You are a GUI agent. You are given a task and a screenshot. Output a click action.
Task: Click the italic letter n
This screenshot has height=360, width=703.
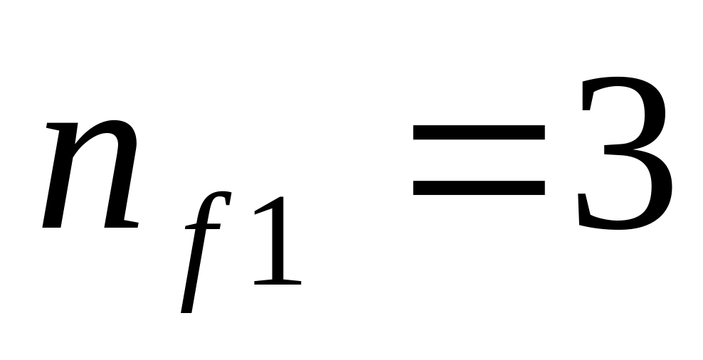[x=89, y=174]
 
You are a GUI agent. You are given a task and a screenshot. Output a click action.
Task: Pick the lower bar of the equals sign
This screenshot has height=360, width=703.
[x=478, y=186]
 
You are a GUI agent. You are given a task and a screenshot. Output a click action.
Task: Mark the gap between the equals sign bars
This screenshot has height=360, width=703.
[x=478, y=159]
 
